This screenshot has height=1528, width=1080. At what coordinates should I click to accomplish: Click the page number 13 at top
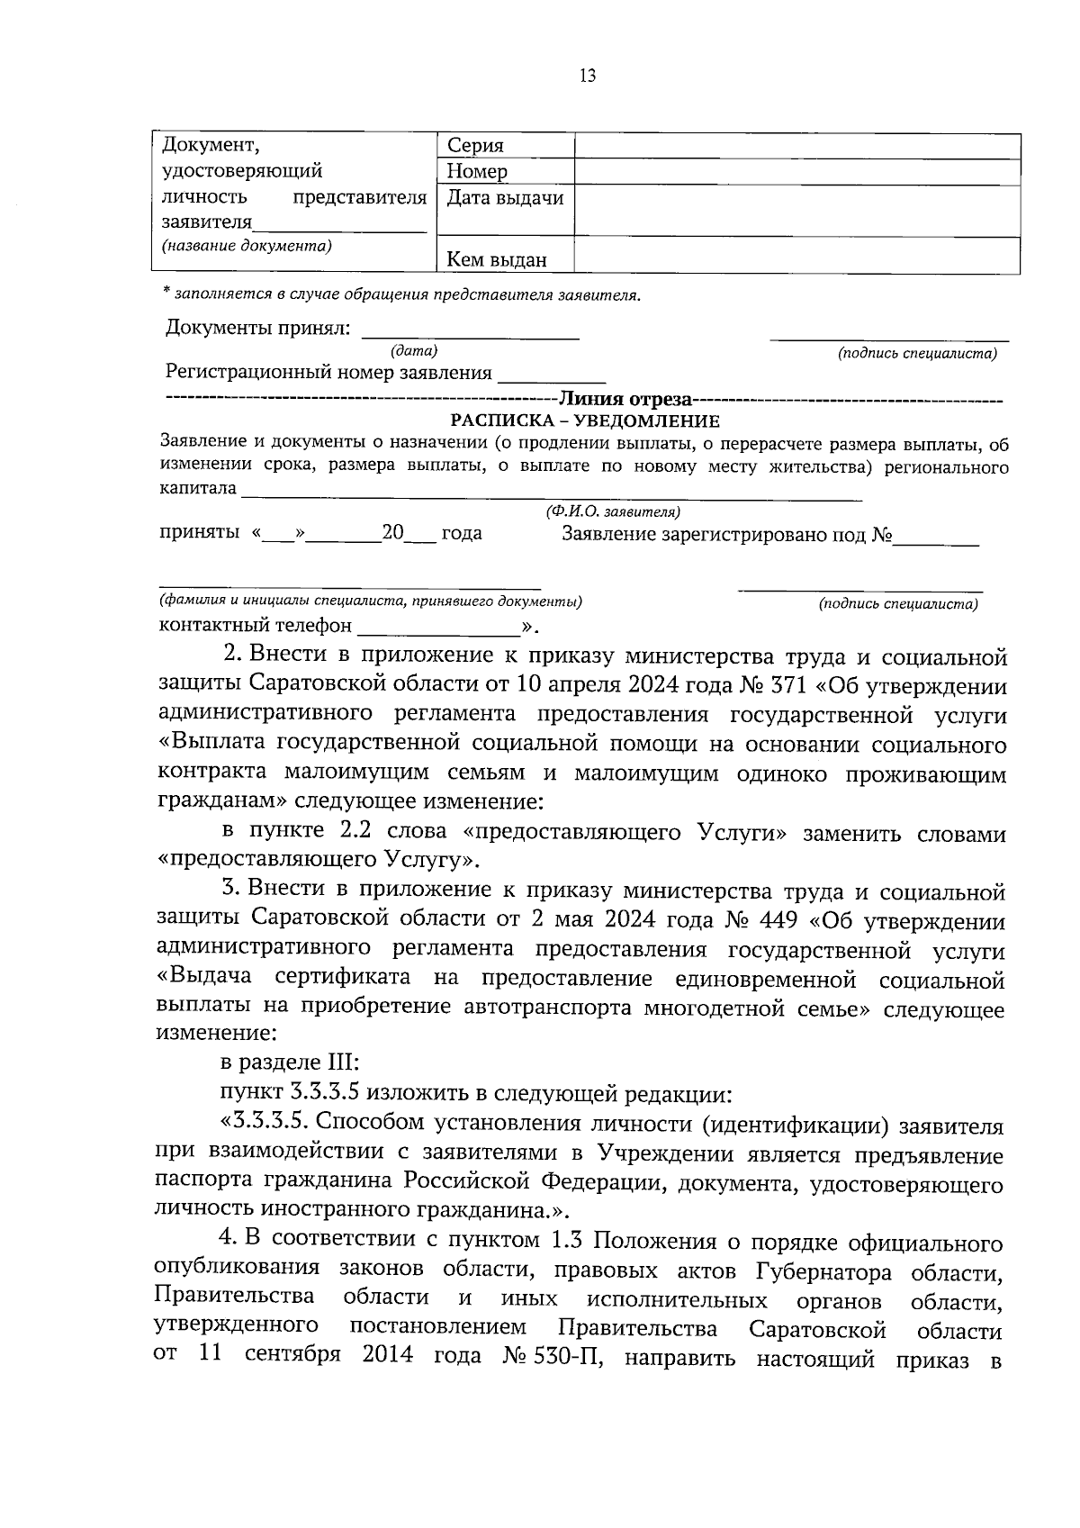(587, 76)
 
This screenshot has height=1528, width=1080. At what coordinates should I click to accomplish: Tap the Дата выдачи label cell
(504, 198)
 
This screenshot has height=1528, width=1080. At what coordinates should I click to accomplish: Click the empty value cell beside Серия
(796, 146)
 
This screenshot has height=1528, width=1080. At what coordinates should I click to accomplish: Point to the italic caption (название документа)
(246, 245)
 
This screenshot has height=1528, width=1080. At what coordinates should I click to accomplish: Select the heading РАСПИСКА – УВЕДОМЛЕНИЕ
(585, 420)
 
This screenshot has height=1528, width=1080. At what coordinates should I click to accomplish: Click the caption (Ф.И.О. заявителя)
(612, 511)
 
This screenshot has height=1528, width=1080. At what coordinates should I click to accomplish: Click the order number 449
(788, 922)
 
